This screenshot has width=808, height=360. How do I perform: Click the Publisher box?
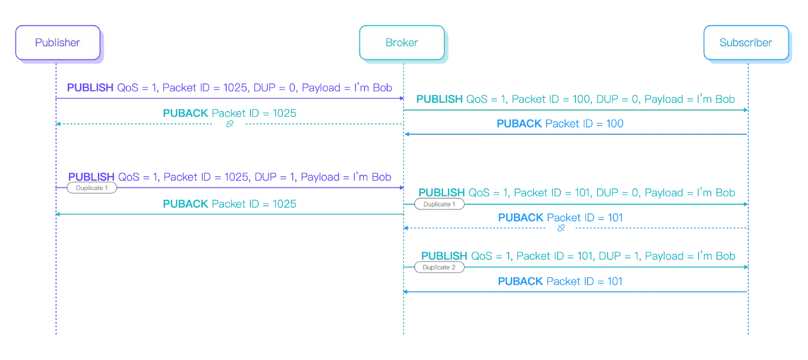click(x=57, y=43)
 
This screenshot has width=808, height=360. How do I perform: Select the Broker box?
click(x=402, y=43)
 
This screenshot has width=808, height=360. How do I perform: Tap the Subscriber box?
click(x=745, y=43)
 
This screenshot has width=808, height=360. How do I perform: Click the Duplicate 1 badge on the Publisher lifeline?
click(x=92, y=188)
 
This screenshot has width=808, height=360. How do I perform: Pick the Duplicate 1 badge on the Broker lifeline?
click(x=439, y=204)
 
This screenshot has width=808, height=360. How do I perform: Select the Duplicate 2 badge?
click(x=439, y=267)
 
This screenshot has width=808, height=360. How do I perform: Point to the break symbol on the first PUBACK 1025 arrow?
click(x=229, y=125)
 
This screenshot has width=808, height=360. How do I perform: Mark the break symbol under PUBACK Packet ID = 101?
click(x=561, y=228)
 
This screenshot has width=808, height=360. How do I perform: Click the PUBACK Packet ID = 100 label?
click(x=560, y=124)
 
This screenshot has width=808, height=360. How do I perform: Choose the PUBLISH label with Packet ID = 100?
click(x=576, y=99)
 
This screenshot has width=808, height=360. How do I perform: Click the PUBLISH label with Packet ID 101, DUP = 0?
click(x=576, y=193)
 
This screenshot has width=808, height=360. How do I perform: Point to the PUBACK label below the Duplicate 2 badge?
click(x=560, y=282)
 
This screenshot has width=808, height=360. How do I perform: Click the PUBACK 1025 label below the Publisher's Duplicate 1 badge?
click(x=230, y=204)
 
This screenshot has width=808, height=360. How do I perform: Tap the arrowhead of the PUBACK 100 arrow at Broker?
click(x=406, y=135)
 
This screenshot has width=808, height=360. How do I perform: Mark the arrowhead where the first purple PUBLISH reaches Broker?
click(x=401, y=98)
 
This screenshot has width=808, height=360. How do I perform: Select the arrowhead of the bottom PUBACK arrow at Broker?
click(x=406, y=292)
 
